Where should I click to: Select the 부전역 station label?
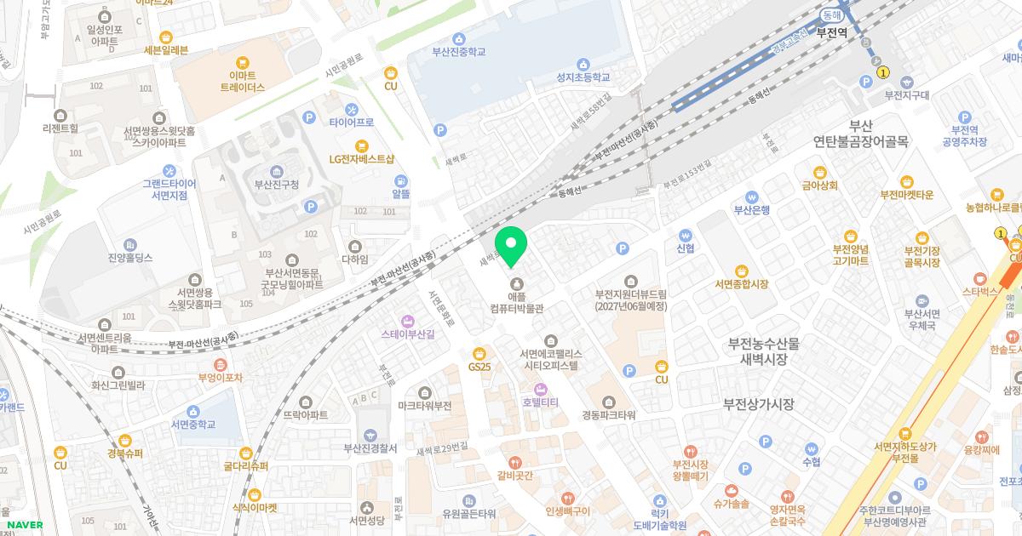[831, 33]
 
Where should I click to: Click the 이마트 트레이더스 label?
[243, 81]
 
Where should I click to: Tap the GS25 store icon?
[479, 352]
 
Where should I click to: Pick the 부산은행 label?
[752, 209]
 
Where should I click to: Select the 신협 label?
[685, 248]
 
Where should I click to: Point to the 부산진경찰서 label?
[370, 448]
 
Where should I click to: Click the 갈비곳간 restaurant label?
[514, 475]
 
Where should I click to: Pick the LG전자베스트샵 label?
[362, 159]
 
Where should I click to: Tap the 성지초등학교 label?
[583, 77]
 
